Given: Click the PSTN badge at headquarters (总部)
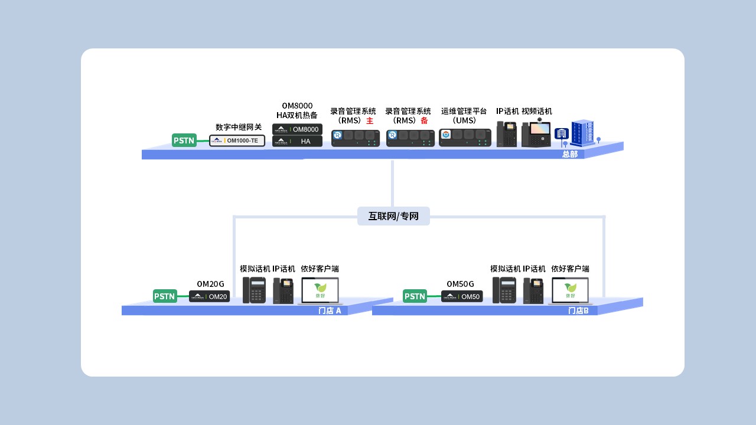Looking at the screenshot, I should (184, 140).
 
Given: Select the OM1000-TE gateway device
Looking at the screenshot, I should (237, 140).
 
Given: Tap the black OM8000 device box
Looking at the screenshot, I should (297, 129).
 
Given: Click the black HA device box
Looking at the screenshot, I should (297, 142).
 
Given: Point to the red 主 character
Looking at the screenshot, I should (370, 121).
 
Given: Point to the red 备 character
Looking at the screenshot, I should (424, 121).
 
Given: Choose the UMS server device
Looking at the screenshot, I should (465, 137).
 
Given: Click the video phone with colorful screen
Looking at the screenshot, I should (536, 134).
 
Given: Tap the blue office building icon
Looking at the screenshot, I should (582, 133).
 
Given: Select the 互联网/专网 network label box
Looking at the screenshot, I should (393, 216).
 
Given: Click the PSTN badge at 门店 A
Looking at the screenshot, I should (165, 296).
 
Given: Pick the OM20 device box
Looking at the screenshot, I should (209, 296).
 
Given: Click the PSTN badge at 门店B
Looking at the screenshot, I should (415, 296).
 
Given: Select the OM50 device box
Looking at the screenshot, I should (462, 296).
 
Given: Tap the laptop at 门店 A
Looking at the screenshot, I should (320, 290).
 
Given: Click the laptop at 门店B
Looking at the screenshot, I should (570, 290).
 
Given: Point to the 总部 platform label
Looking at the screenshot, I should (570, 155).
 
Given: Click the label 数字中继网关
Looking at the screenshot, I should (239, 127).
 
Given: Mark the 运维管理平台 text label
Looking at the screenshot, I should (464, 111).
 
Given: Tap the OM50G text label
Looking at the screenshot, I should (460, 284).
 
